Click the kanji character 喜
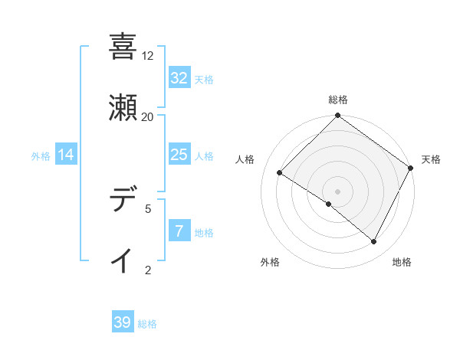point(123,46)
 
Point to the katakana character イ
point(123,260)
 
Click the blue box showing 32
point(179,78)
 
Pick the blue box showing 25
point(179,155)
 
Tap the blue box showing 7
point(179,231)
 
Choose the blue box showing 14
point(65,155)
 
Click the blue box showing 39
point(123,322)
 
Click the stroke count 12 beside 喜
point(148,56)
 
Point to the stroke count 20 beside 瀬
point(148,117)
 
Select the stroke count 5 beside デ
point(148,208)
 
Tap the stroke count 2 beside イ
point(148,270)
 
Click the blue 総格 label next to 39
point(147,324)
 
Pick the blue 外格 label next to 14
point(41,156)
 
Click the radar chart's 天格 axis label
point(431,159)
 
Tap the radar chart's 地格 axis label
point(402,263)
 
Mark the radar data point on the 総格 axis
point(337,116)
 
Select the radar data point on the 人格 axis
point(280,173)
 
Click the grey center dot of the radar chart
point(337,191)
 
